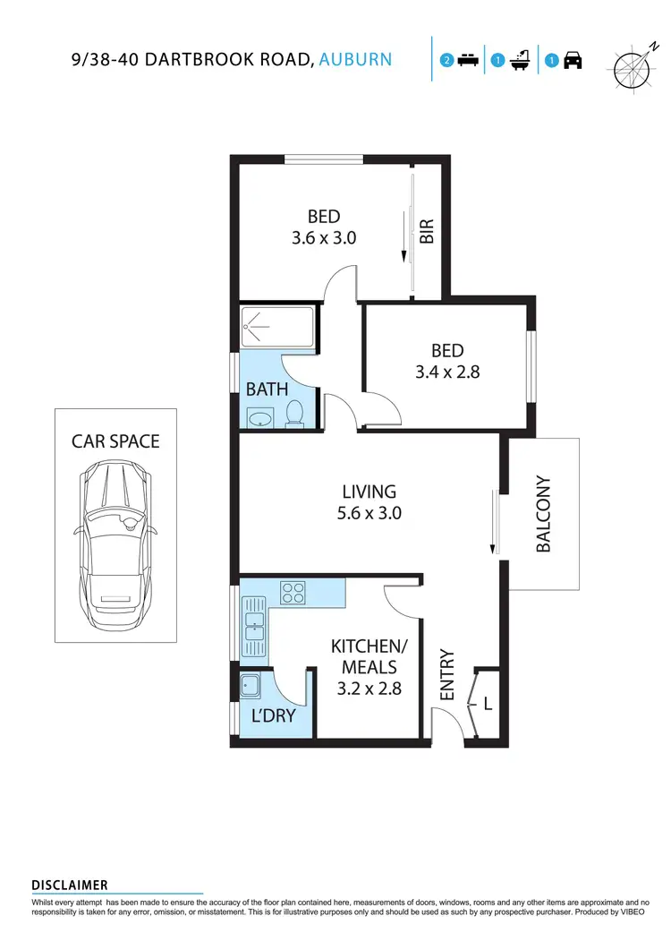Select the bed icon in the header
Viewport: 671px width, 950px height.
(466, 61)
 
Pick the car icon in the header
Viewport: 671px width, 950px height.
(573, 61)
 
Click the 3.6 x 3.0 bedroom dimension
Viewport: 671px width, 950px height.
(324, 238)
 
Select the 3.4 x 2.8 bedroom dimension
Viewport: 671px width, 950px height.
(447, 371)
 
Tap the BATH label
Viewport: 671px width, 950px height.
(267, 389)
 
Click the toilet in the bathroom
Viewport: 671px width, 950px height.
(295, 414)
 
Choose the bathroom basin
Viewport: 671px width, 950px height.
(261, 418)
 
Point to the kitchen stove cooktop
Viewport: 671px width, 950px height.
(293, 591)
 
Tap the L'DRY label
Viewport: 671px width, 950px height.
(273, 716)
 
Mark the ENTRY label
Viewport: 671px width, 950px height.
(448, 675)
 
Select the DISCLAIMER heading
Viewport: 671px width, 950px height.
(70, 885)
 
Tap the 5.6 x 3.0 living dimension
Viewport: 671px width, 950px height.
(369, 513)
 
